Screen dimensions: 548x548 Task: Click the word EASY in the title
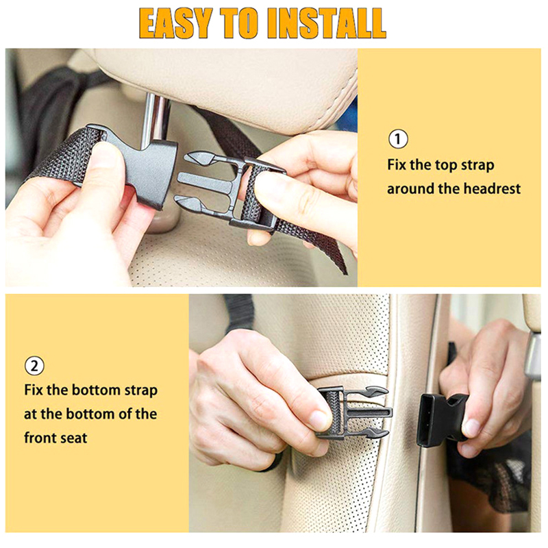point(176,23)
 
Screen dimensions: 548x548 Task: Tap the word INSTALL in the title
point(329,23)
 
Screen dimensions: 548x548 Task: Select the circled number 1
point(398,139)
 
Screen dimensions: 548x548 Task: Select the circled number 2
point(34,366)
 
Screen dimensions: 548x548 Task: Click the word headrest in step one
point(492,189)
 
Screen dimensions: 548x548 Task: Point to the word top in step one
point(447,165)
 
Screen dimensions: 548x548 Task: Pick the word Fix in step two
point(34,390)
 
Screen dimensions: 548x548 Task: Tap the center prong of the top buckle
point(205,181)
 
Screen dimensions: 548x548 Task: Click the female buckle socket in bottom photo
point(442,419)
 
